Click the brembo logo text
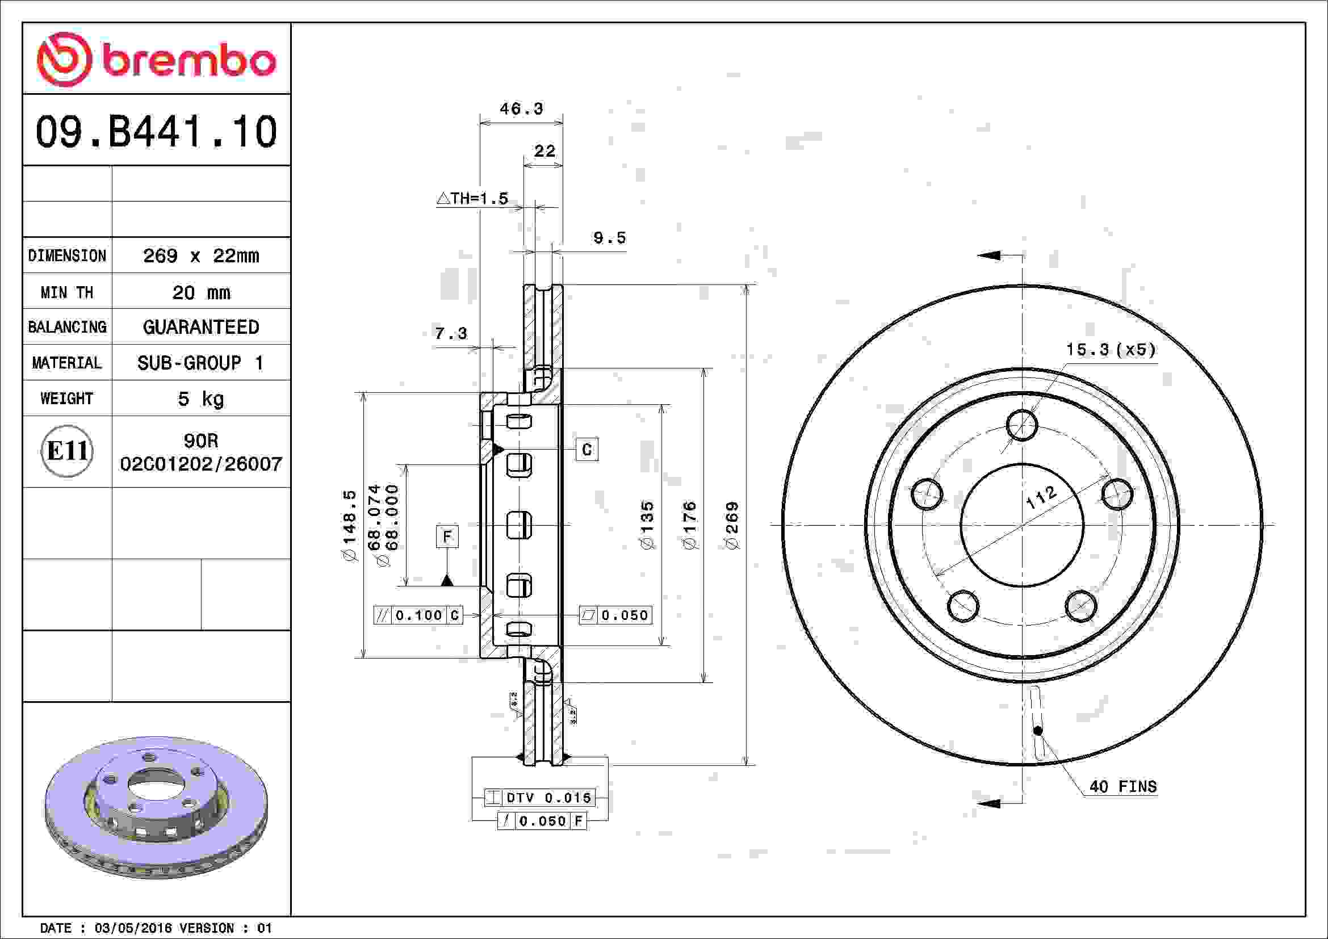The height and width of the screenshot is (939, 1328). pos(188,60)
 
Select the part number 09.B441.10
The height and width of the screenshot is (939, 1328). pos(156,132)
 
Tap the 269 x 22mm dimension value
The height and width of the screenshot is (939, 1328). pos(200,255)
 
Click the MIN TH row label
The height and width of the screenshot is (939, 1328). pos(66,292)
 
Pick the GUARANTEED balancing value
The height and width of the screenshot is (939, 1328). pos(200,327)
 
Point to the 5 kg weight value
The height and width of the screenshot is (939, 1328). pos(200,399)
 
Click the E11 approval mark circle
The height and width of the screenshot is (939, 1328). pos(67,451)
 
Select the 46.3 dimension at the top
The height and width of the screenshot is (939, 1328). pos(521,108)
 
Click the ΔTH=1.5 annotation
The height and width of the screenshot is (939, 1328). pos(472,199)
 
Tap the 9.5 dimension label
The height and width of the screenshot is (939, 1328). pos(609,238)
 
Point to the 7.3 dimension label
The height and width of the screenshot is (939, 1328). pos(451,334)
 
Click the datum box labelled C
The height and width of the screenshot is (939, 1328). pos(587,450)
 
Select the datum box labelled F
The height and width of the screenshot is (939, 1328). pos(446,536)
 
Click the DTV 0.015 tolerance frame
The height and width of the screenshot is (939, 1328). pos(539,798)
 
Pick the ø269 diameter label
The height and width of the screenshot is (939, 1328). pos(732,525)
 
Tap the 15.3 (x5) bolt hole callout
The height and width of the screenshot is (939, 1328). pos(1111,350)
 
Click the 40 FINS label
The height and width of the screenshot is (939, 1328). pos(1122,786)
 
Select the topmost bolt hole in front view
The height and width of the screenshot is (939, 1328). pos(1022,425)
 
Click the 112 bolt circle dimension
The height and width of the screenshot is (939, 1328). pos(1041,497)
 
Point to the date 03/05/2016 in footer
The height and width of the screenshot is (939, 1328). pos(133,928)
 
